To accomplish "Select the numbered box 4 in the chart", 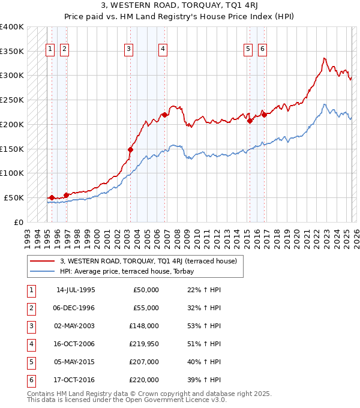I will pyautogui.click(x=163, y=50).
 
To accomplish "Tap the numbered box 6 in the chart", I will pyautogui.click(x=262, y=50).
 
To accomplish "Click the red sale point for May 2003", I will pyautogui.click(x=130, y=149).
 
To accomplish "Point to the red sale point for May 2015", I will pyautogui.click(x=249, y=121).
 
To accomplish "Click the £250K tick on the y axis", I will pyautogui.click(x=12, y=100).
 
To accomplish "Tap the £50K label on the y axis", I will pyautogui.click(x=14, y=197).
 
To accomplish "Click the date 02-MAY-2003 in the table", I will pyautogui.click(x=76, y=326).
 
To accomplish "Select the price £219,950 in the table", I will pyautogui.click(x=145, y=344).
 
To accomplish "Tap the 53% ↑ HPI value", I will pyautogui.click(x=204, y=326).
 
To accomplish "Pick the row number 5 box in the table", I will pyautogui.click(x=31, y=362).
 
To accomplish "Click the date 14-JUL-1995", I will pyautogui.click(x=76, y=290).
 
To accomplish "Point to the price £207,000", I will pyautogui.click(x=145, y=362).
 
